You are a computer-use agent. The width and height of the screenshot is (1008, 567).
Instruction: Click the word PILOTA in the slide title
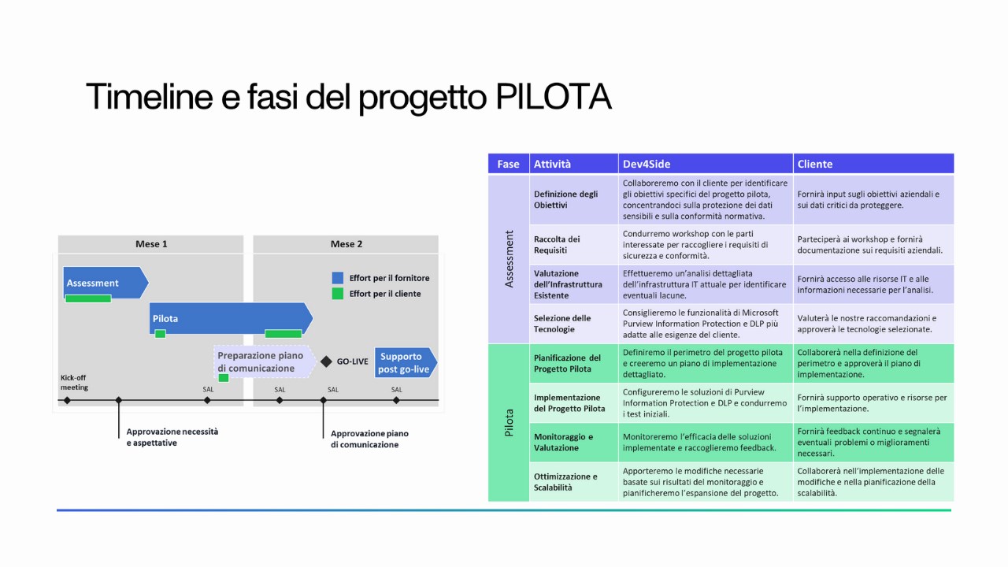tap(553, 96)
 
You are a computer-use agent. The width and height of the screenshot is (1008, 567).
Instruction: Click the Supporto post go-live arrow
tap(406, 362)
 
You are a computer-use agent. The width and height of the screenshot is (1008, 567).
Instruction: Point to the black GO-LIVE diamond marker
tap(326, 361)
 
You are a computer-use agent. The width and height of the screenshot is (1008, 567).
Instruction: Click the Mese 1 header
tap(150, 244)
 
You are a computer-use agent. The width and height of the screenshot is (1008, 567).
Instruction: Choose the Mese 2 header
tap(346, 244)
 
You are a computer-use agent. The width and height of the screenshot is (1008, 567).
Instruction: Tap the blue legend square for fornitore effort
tap(338, 278)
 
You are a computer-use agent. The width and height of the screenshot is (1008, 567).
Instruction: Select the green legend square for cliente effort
tap(338, 294)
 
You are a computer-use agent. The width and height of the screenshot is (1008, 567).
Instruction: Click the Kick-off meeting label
tap(74, 383)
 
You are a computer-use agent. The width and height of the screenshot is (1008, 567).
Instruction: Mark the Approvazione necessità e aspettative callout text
tap(172, 437)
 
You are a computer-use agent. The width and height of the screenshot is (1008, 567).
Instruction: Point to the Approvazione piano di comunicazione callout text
tap(369, 439)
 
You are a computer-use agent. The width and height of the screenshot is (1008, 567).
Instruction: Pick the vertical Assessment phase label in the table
tap(509, 259)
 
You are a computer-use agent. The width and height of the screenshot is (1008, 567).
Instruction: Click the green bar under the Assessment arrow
tap(88, 298)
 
